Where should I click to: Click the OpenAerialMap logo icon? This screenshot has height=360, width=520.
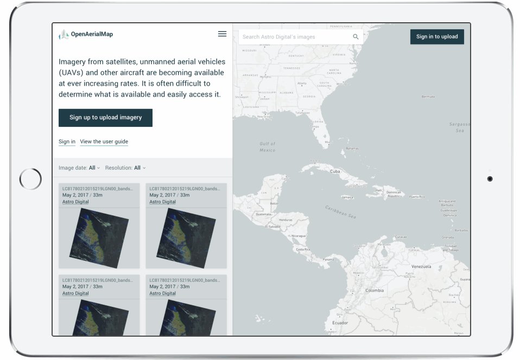pyautogui.click(x=64, y=35)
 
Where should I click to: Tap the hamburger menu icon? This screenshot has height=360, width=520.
pyautogui.click(x=222, y=34)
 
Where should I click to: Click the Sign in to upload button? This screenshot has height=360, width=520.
pyautogui.click(x=437, y=37)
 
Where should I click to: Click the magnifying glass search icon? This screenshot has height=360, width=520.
pyautogui.click(x=356, y=37)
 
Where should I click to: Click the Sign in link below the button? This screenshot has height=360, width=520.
pyautogui.click(x=67, y=142)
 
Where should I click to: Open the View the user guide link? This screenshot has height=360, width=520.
pyautogui.click(x=104, y=142)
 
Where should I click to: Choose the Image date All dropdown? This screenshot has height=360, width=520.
pyautogui.click(x=94, y=168)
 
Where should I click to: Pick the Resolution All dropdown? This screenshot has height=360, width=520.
pyautogui.click(x=139, y=168)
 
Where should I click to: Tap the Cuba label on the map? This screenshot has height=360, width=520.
pyautogui.click(x=335, y=171)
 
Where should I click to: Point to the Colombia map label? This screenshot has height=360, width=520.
pyautogui.click(x=374, y=291)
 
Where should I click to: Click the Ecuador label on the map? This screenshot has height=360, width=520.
pyautogui.click(x=340, y=323)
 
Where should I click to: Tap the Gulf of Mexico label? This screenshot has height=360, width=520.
pyautogui.click(x=268, y=147)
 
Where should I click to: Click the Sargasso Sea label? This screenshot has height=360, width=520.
pyautogui.click(x=460, y=127)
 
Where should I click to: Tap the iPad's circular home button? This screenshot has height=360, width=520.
pyautogui.click(x=30, y=179)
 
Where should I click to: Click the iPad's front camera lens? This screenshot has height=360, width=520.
pyautogui.click(x=490, y=179)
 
